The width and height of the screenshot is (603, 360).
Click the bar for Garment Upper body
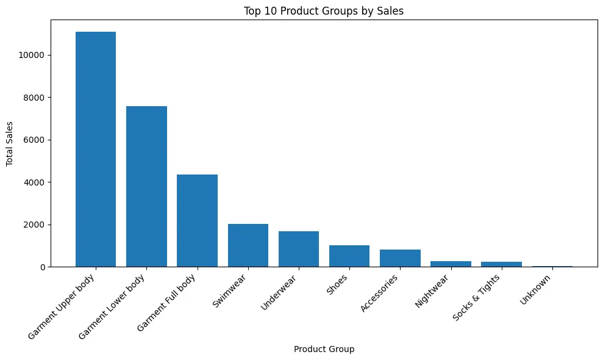pyautogui.click(x=96, y=149)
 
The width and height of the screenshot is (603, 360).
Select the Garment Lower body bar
pyautogui.click(x=146, y=186)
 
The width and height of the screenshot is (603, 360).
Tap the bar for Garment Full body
pyautogui.click(x=197, y=220)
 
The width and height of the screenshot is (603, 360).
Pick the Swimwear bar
pyautogui.click(x=248, y=245)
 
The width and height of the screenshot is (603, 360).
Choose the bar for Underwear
pyautogui.click(x=299, y=249)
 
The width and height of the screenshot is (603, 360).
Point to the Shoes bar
pyautogui.click(x=349, y=256)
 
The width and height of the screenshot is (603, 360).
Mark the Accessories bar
pyautogui.click(x=400, y=258)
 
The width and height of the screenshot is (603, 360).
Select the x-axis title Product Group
pyautogui.click(x=324, y=350)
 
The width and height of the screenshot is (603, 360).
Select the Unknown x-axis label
pyautogui.click(x=537, y=290)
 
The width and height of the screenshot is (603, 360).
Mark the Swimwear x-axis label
pyautogui.click(x=230, y=292)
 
